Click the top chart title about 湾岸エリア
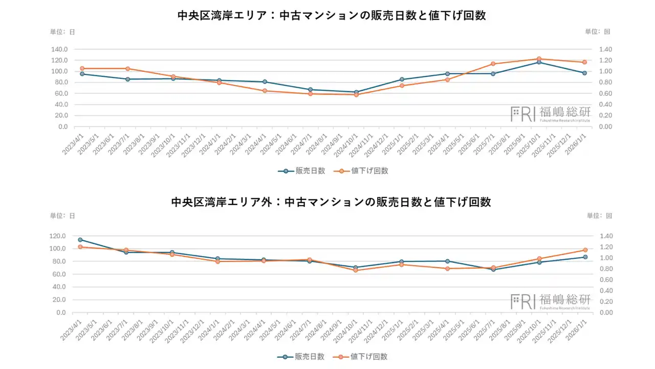point(331,16)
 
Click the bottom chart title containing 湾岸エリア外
point(331,202)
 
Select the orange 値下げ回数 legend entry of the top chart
point(364,171)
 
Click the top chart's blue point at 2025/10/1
point(539,62)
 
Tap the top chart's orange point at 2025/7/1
point(493,64)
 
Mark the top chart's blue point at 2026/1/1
point(584,73)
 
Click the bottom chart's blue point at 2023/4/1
point(80,240)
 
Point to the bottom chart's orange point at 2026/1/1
point(584,250)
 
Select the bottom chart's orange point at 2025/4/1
point(447,269)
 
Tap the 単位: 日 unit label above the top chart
point(62,32)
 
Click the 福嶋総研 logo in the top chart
point(550,113)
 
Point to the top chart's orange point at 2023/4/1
point(82,69)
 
